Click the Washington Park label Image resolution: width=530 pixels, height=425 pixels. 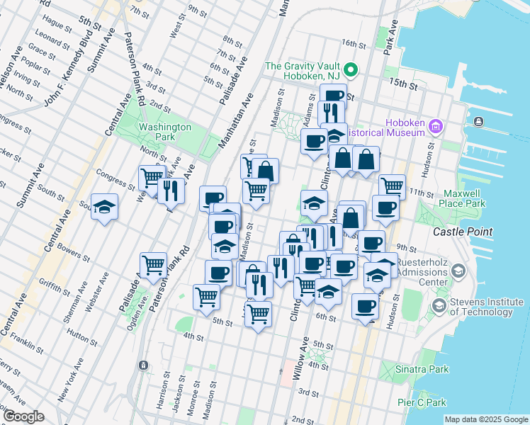click(x=165, y=132)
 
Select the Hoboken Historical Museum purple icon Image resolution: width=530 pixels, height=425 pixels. click(x=436, y=127)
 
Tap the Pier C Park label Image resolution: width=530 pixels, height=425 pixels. click(x=422, y=402)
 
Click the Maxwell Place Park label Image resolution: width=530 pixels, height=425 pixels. click(x=464, y=198)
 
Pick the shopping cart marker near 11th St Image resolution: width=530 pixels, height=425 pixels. click(x=392, y=186)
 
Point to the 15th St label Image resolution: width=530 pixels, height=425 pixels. click(x=403, y=84)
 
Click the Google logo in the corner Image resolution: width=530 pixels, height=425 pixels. click(x=23, y=416)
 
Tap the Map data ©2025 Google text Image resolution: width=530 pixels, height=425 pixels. click(x=485, y=419)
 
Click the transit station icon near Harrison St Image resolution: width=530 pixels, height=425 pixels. click(x=144, y=365)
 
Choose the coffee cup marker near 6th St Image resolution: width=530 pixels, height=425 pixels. click(x=366, y=306)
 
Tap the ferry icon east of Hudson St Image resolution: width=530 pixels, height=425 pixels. click(x=480, y=122)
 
